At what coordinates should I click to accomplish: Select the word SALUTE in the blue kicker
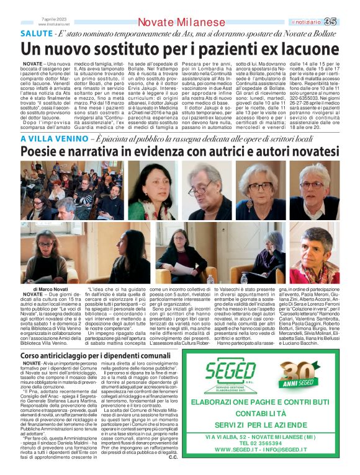37,33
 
